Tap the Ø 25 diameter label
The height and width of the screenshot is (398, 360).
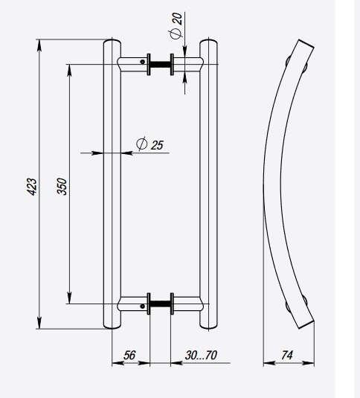tap(150, 144)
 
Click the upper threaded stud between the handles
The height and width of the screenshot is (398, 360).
tap(161, 64)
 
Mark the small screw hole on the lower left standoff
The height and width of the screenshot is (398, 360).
tap(139, 304)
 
